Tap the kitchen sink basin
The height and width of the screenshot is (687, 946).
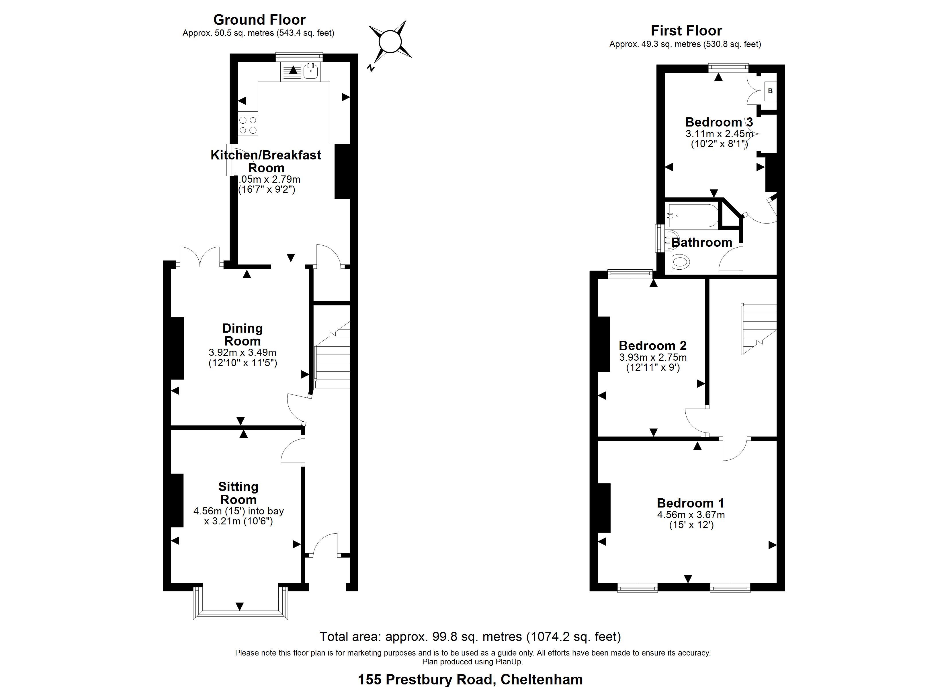pos(311,72)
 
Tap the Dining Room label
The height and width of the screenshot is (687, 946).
pos(242,335)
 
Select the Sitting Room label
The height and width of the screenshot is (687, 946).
pos(238,493)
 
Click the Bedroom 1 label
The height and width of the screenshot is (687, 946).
pos(690,503)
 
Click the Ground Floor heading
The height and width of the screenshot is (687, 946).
pos(259,19)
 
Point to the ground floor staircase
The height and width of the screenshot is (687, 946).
pos(332,362)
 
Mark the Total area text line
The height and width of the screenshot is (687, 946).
pos(470,637)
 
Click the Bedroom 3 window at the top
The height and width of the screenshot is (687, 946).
pos(728,68)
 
